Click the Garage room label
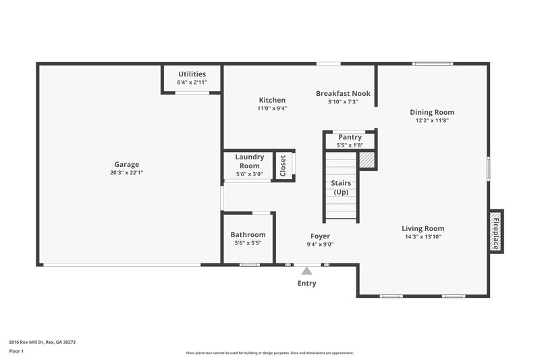(126, 164)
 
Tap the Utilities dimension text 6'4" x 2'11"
(192, 82)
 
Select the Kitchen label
(272, 100)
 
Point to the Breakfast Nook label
(343, 94)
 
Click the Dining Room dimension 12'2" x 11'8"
(432, 121)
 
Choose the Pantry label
(350, 137)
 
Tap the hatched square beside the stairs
(366, 160)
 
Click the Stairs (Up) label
(340, 188)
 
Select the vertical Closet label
(283, 165)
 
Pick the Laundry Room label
(249, 161)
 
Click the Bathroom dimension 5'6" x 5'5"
(248, 243)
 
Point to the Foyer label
(320, 236)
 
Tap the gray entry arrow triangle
(307, 270)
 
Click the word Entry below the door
(307, 284)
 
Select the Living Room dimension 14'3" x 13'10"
(423, 237)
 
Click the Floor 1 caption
(16, 351)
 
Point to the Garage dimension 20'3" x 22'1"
(126, 173)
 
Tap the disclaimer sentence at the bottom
(269, 353)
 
